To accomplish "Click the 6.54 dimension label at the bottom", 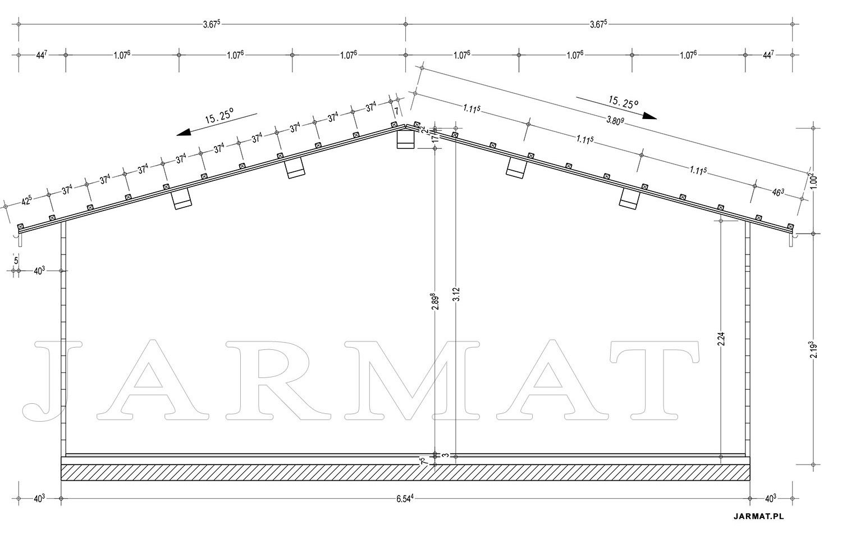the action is tap(405, 499).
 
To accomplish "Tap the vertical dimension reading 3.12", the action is tap(456, 294).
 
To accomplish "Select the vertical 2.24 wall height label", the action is tap(721, 339).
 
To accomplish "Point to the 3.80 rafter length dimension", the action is tap(615, 121).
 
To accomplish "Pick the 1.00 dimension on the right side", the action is tap(813, 180).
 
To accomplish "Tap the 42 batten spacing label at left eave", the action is tap(26, 201).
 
